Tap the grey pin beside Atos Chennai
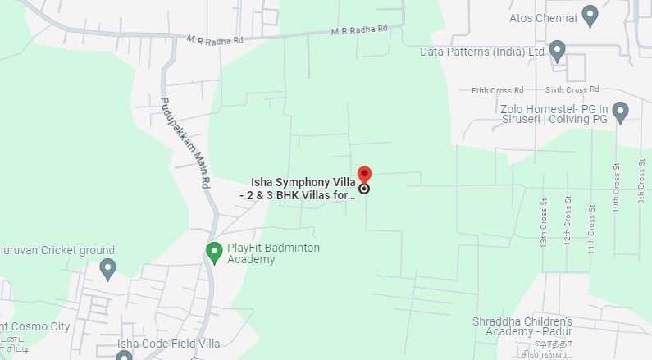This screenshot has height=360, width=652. (x=590, y=15)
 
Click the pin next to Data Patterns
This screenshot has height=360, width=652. (x=558, y=51)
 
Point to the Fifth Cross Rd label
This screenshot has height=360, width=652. (x=497, y=90)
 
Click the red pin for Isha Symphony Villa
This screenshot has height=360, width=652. (x=364, y=175)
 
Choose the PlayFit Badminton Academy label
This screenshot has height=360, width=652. (x=274, y=253)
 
